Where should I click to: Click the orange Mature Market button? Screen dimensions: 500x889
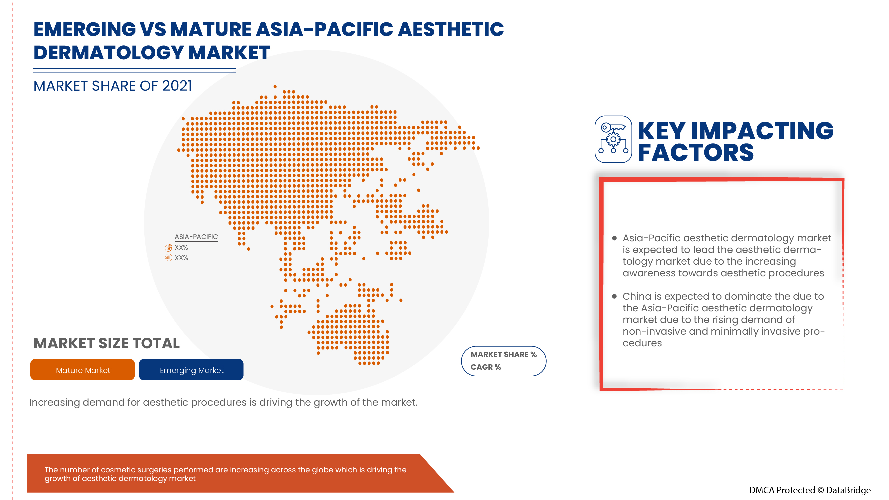(x=82, y=370)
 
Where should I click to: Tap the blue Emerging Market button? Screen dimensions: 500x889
(x=191, y=370)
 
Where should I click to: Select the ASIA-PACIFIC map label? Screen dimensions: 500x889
(x=196, y=237)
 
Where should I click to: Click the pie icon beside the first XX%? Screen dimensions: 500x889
(x=168, y=247)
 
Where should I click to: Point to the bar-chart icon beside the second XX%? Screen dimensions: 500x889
(x=168, y=257)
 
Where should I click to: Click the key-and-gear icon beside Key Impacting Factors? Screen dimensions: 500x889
(x=613, y=139)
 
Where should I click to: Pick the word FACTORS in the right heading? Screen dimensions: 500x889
(x=695, y=153)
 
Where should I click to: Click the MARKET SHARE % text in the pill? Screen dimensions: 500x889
(x=503, y=354)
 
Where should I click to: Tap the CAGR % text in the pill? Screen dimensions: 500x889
(x=485, y=367)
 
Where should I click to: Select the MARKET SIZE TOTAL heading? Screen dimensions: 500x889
(x=106, y=343)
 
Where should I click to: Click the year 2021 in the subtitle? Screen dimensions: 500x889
(x=177, y=86)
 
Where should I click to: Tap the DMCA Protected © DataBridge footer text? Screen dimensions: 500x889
(x=809, y=490)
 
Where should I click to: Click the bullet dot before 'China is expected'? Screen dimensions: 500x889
(x=614, y=296)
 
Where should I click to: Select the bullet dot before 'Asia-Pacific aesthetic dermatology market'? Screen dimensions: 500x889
(x=614, y=238)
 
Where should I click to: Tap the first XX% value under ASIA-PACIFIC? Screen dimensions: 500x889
(x=181, y=247)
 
